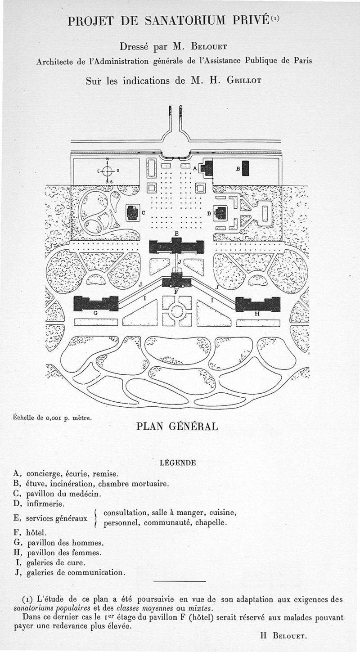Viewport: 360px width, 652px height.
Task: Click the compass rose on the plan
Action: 107,171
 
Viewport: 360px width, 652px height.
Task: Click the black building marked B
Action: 245,168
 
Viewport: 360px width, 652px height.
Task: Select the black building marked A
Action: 207,168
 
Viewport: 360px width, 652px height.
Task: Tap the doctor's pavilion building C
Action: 132,213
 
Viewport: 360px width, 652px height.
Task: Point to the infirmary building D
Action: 220,213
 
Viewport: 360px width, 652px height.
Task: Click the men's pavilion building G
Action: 96,303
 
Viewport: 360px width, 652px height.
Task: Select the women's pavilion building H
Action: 257,304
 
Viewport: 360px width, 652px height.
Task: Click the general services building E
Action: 176,246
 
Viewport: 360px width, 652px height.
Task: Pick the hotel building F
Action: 176,281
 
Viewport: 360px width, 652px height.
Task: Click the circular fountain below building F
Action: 177,311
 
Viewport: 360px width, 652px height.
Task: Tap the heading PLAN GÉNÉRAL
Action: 177,426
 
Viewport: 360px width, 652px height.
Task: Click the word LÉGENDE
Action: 178,463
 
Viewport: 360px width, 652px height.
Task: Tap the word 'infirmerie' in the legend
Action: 45,503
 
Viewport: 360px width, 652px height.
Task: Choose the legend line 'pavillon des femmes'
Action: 64,553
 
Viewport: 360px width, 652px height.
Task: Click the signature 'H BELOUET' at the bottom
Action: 283,636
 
